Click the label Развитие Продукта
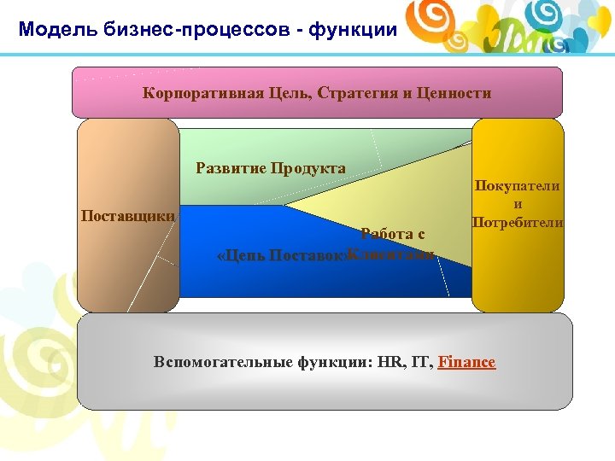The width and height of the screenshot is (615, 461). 271,168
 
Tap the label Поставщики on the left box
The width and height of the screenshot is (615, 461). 128,214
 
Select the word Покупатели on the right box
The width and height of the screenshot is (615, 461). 518,187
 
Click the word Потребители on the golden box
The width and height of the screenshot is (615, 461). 518,223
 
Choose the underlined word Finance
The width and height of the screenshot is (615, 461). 466,362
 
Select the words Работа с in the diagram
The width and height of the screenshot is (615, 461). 393,233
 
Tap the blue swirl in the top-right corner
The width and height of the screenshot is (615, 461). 542,14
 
